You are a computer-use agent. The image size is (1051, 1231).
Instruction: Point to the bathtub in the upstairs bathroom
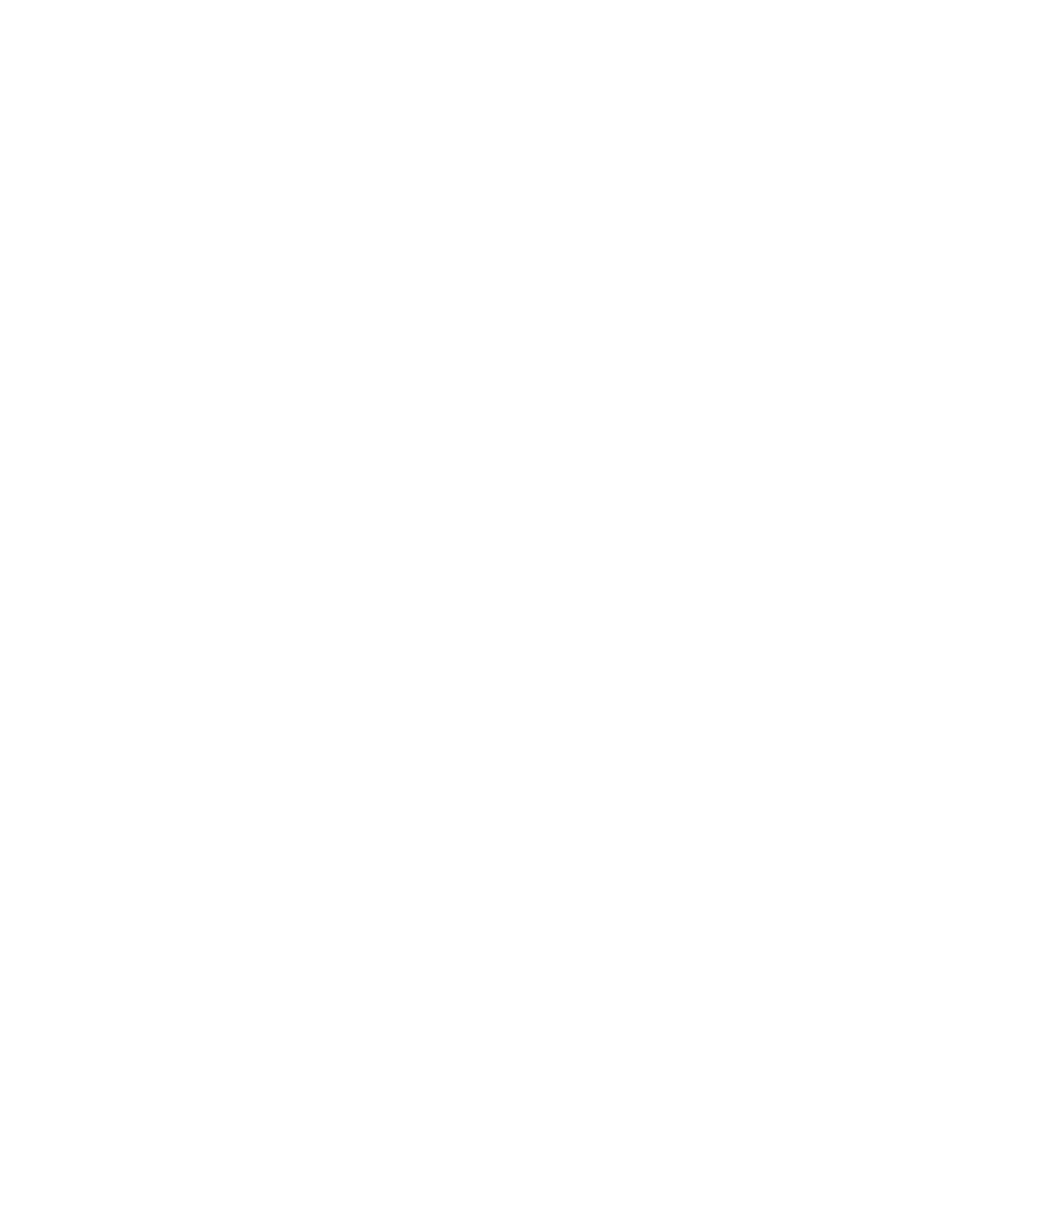click(x=511, y=525)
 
